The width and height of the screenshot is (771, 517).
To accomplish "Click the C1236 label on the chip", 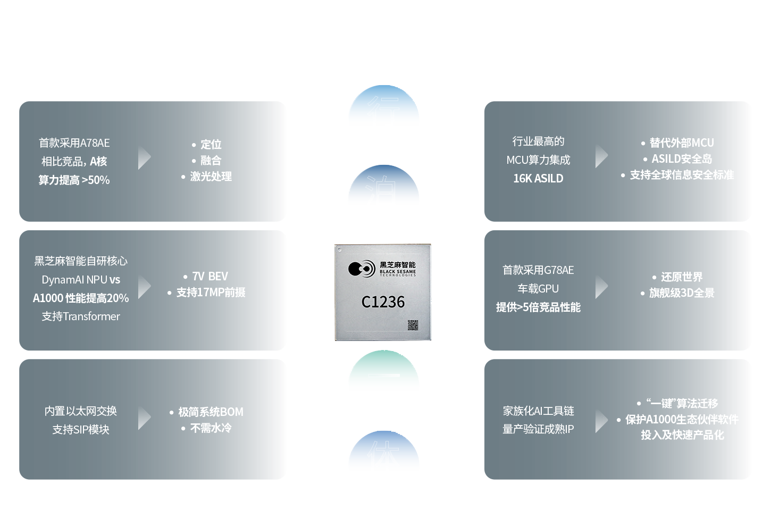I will pyautogui.click(x=383, y=302).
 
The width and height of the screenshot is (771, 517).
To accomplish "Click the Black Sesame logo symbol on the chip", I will pyautogui.click(x=362, y=269).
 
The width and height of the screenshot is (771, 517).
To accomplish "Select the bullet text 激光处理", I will pyautogui.click(x=211, y=177).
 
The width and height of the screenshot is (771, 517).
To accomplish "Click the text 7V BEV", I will pyautogui.click(x=210, y=277).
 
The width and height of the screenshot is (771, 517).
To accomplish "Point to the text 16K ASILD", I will pyautogui.click(x=538, y=179).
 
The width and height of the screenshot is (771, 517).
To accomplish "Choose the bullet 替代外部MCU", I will pyautogui.click(x=681, y=143).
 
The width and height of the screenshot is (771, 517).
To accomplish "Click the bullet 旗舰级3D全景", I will pyautogui.click(x=682, y=293).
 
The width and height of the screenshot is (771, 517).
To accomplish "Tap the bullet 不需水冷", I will pyautogui.click(x=211, y=428).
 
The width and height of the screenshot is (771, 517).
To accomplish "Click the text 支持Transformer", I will pyautogui.click(x=81, y=316).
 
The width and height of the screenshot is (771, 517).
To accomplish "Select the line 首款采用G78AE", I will pyautogui.click(x=538, y=270).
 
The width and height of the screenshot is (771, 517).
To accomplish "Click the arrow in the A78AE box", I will pyautogui.click(x=144, y=157).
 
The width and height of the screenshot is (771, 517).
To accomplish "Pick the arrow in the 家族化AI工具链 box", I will pyautogui.click(x=601, y=421).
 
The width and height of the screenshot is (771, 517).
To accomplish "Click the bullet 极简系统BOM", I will pyautogui.click(x=211, y=412).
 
